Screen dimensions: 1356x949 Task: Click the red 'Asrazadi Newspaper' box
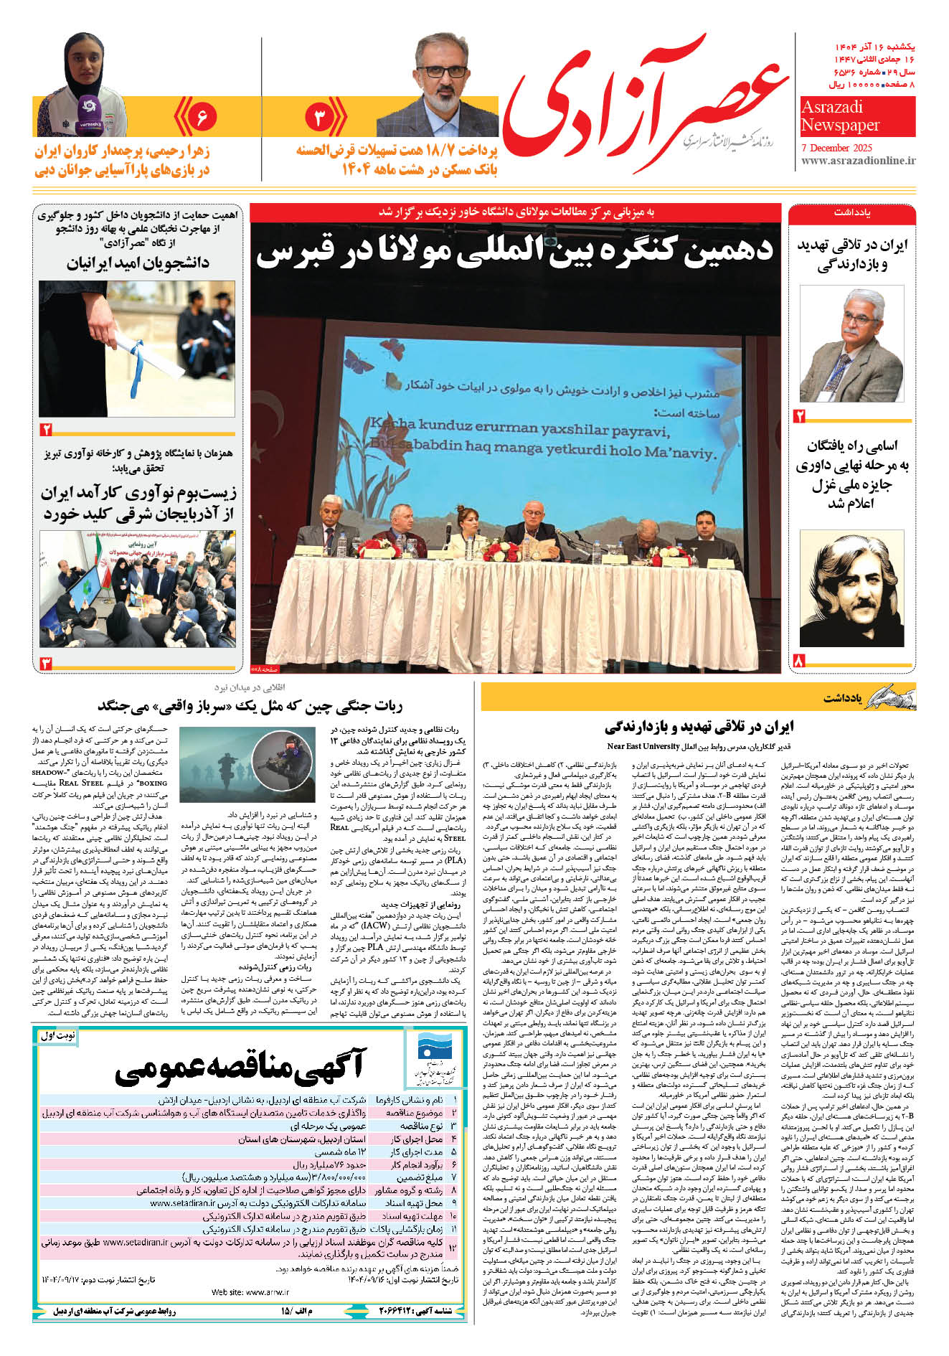tap(857, 117)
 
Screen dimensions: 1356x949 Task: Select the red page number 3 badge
tap(320, 117)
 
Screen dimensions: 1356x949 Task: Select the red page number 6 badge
tap(202, 116)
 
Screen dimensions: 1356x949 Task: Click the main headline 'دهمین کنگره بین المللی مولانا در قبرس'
tap(514, 251)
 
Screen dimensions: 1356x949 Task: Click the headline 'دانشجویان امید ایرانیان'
tap(138, 263)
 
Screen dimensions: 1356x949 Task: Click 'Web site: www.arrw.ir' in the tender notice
tap(250, 1292)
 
